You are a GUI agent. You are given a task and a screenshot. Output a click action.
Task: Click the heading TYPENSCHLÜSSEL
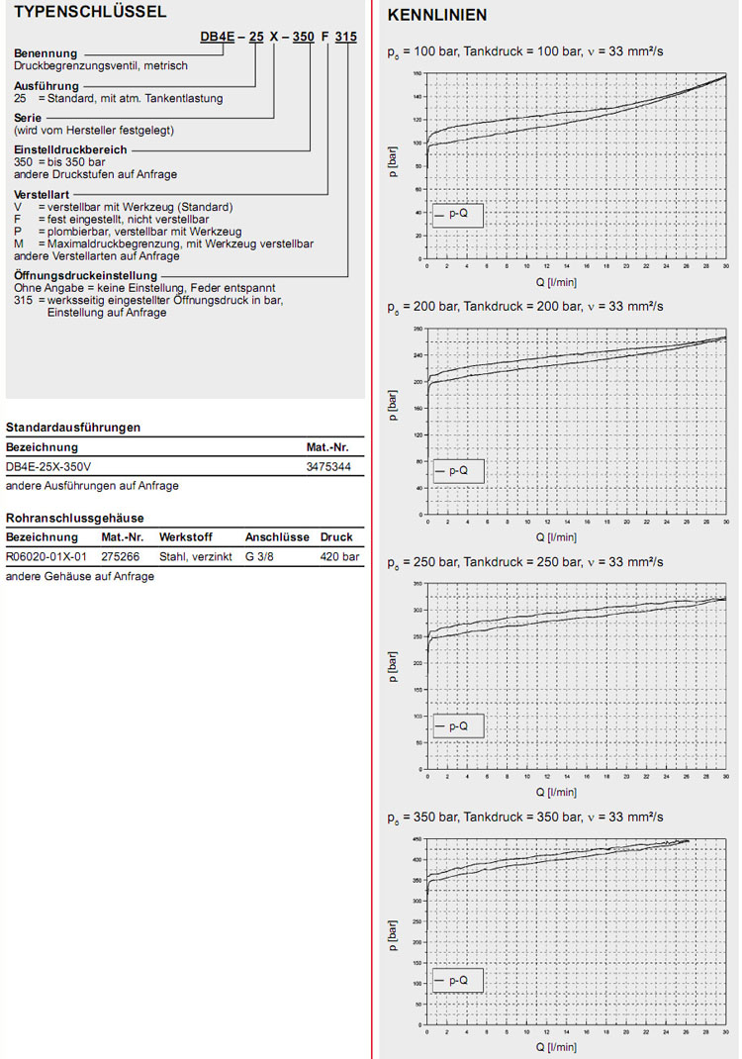[x=76, y=12]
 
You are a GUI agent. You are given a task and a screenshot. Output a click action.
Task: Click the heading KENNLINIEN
[x=437, y=16]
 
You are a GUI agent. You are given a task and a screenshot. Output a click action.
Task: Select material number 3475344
[x=328, y=465]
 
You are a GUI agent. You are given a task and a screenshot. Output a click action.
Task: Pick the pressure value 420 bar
[x=338, y=557]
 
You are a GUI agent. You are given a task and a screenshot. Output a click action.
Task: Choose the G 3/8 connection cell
[x=260, y=557]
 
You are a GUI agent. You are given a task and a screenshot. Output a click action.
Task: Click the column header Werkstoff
[x=185, y=537]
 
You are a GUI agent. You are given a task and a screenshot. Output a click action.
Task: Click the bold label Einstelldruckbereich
[x=70, y=149]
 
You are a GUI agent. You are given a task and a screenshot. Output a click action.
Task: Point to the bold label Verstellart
[x=43, y=195]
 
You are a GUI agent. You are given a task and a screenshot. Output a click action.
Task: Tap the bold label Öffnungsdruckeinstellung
[x=86, y=275]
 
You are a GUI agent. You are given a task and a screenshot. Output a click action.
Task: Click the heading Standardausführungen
[x=72, y=428]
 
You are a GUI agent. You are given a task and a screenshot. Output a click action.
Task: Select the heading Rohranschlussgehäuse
[x=75, y=518]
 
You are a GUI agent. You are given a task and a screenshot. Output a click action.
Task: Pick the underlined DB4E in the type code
[x=218, y=36]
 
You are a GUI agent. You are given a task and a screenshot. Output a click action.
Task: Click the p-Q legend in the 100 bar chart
[x=458, y=214]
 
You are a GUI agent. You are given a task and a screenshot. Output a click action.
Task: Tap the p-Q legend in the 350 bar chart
[x=458, y=981]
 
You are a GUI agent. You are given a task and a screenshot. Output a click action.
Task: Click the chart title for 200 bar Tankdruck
[x=524, y=307]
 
